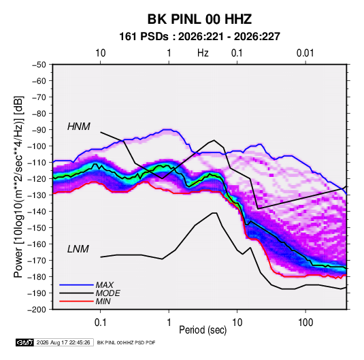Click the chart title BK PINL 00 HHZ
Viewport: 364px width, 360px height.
tap(199, 19)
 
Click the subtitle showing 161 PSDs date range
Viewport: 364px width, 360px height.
tap(199, 37)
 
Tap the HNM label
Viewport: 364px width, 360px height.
tap(79, 127)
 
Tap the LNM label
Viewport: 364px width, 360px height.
tap(78, 249)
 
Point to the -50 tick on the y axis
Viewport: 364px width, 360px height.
tap(39, 65)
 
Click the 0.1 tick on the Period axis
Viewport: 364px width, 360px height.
tap(100, 323)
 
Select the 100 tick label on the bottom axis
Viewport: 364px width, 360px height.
tap(305, 323)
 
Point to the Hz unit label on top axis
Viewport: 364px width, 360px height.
tap(203, 53)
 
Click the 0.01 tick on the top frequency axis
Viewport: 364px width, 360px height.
tap(305, 53)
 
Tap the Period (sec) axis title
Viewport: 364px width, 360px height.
tap(203, 330)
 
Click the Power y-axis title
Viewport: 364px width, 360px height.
tap(18, 187)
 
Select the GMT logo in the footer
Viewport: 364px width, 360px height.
tap(25, 342)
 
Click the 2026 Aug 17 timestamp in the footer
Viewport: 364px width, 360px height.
tap(63, 342)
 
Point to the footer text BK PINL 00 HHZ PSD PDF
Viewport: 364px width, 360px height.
tap(126, 342)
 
